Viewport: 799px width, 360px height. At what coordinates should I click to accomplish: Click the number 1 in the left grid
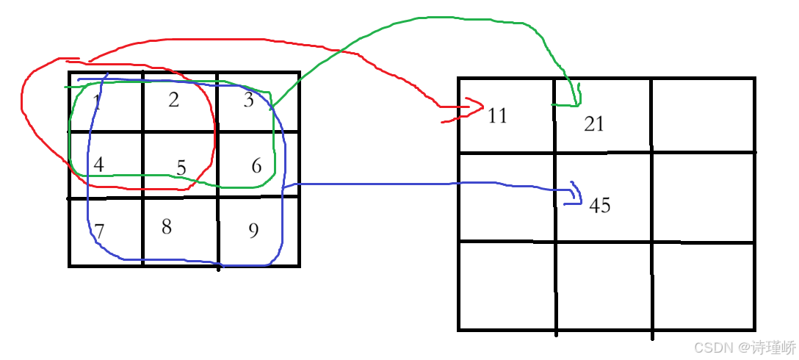point(97,103)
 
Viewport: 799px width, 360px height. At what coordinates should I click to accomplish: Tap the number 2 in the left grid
point(173,100)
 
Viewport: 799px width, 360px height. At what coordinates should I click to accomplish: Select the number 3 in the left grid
point(249,101)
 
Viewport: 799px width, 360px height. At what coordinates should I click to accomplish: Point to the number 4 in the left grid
point(98,165)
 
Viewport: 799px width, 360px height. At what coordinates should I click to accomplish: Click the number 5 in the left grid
point(181,168)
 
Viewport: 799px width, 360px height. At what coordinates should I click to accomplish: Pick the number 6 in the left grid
point(256,166)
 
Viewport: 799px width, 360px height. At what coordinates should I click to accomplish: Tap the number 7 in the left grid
point(99,231)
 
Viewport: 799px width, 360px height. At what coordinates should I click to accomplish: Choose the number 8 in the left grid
point(167,227)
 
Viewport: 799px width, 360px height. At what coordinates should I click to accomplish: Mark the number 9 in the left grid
point(253,231)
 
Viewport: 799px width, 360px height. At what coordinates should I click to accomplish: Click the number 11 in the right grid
point(497,115)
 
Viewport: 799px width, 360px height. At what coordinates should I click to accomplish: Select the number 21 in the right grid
point(593,124)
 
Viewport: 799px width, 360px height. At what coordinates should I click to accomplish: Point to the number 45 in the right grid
point(599,205)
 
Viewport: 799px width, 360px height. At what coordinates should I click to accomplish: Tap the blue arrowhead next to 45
point(576,194)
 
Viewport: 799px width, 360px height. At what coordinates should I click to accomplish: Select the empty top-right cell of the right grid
point(703,115)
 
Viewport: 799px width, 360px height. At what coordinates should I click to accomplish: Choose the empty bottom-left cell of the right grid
point(507,286)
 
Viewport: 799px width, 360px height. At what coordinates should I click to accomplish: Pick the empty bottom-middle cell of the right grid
point(603,286)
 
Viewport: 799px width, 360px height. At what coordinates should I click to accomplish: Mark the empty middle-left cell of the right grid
point(507,197)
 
